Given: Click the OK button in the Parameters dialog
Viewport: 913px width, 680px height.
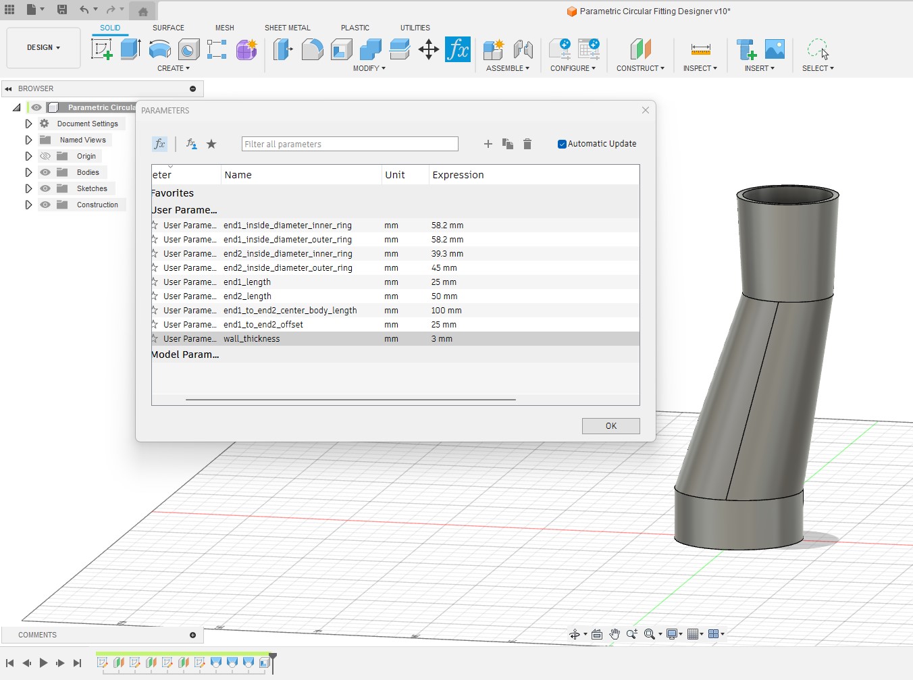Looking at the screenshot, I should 610,426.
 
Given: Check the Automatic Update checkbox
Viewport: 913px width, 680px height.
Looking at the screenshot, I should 562,144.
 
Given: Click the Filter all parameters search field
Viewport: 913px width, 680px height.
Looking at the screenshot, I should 350,144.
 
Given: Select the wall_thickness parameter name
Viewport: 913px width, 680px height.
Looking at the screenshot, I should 251,339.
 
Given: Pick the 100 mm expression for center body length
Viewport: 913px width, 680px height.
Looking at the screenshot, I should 446,311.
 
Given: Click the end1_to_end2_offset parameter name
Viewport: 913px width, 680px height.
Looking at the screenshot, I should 263,325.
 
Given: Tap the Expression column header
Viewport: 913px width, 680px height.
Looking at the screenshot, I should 458,175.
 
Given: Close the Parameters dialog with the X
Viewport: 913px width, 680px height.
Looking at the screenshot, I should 646,110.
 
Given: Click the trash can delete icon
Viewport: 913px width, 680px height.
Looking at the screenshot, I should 527,144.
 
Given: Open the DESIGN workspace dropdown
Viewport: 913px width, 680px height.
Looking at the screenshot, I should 43,48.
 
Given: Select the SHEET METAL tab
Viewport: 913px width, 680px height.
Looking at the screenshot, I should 287,28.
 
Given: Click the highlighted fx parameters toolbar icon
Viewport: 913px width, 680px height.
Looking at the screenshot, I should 457,49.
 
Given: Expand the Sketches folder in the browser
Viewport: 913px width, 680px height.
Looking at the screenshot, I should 28,188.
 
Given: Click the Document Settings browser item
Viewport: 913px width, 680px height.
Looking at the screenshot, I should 87,124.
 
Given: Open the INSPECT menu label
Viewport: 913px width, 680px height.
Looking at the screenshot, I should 700,68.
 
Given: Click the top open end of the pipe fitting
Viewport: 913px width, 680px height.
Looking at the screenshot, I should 787,196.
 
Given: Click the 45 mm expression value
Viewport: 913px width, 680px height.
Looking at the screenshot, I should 444,268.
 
